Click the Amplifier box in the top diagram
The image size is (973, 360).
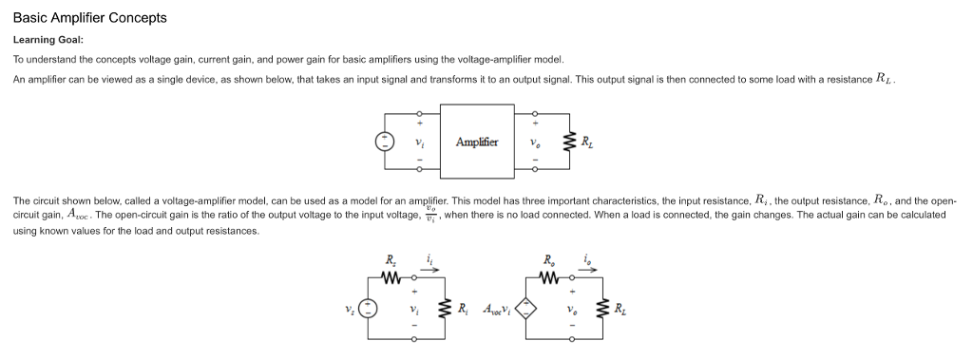[477, 142]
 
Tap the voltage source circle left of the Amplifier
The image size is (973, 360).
[385, 142]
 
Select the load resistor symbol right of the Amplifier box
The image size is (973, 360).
[568, 142]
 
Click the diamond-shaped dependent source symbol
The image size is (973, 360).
[525, 307]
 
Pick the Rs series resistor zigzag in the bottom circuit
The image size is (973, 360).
[390, 278]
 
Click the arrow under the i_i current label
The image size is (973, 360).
[430, 269]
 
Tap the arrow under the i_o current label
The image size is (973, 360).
[590, 269]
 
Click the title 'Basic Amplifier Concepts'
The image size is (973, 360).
[89, 18]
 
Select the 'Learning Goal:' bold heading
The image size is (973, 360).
[48, 40]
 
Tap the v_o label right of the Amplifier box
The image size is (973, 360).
[536, 142]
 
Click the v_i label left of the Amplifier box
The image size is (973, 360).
[420, 142]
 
